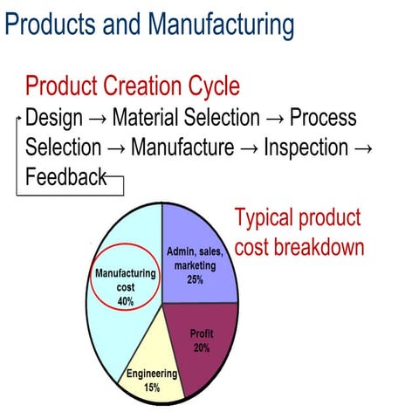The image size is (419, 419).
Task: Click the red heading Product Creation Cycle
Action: tap(132, 86)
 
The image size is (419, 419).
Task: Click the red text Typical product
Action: tap(297, 218)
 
